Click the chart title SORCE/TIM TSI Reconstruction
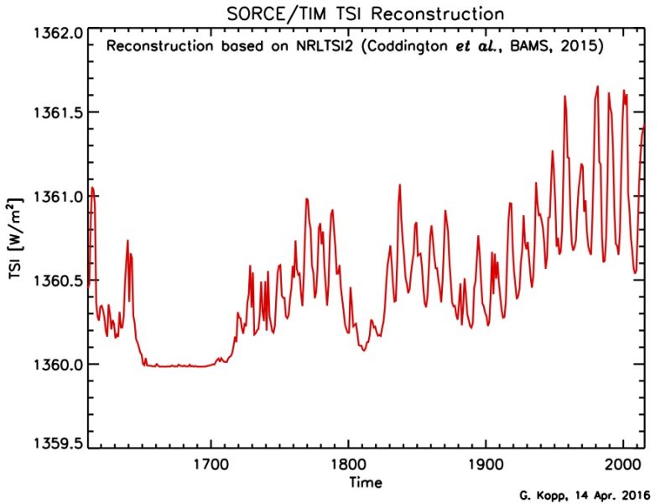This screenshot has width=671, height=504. [x=366, y=14]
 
